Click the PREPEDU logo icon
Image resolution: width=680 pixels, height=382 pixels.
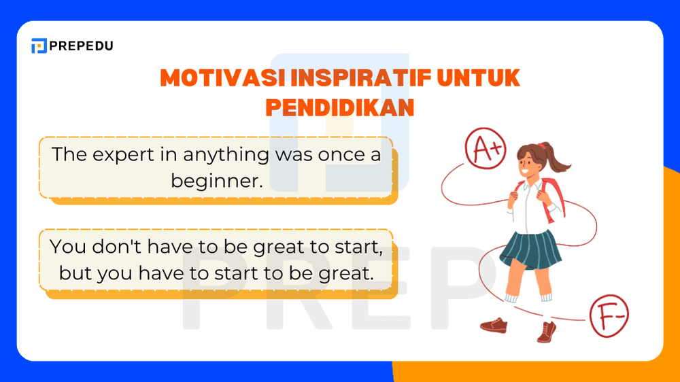39,46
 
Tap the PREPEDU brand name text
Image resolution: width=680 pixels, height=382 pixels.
82,46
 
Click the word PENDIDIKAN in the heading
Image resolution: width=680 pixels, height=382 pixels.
339,107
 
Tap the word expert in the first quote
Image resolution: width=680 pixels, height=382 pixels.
120,154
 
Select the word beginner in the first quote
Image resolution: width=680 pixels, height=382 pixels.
216,181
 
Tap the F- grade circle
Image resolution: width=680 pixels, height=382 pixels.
609,315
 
